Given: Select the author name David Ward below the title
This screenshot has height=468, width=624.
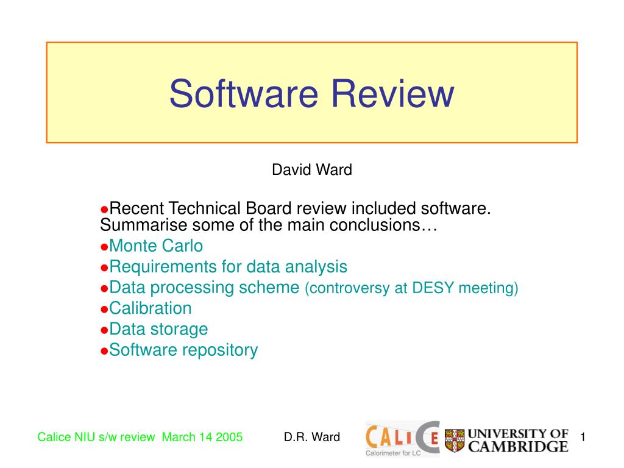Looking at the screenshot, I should point(311,170).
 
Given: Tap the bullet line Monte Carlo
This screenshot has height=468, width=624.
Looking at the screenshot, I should point(156,246).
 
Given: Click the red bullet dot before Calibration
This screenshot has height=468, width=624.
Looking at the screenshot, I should point(104,310).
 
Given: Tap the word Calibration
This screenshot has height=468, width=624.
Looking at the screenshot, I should point(151,308).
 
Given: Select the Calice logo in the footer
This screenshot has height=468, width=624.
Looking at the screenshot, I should point(402,436).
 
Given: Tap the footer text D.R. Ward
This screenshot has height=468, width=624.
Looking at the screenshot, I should point(311,437).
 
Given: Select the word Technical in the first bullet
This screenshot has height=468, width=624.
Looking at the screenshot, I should point(205,208).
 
